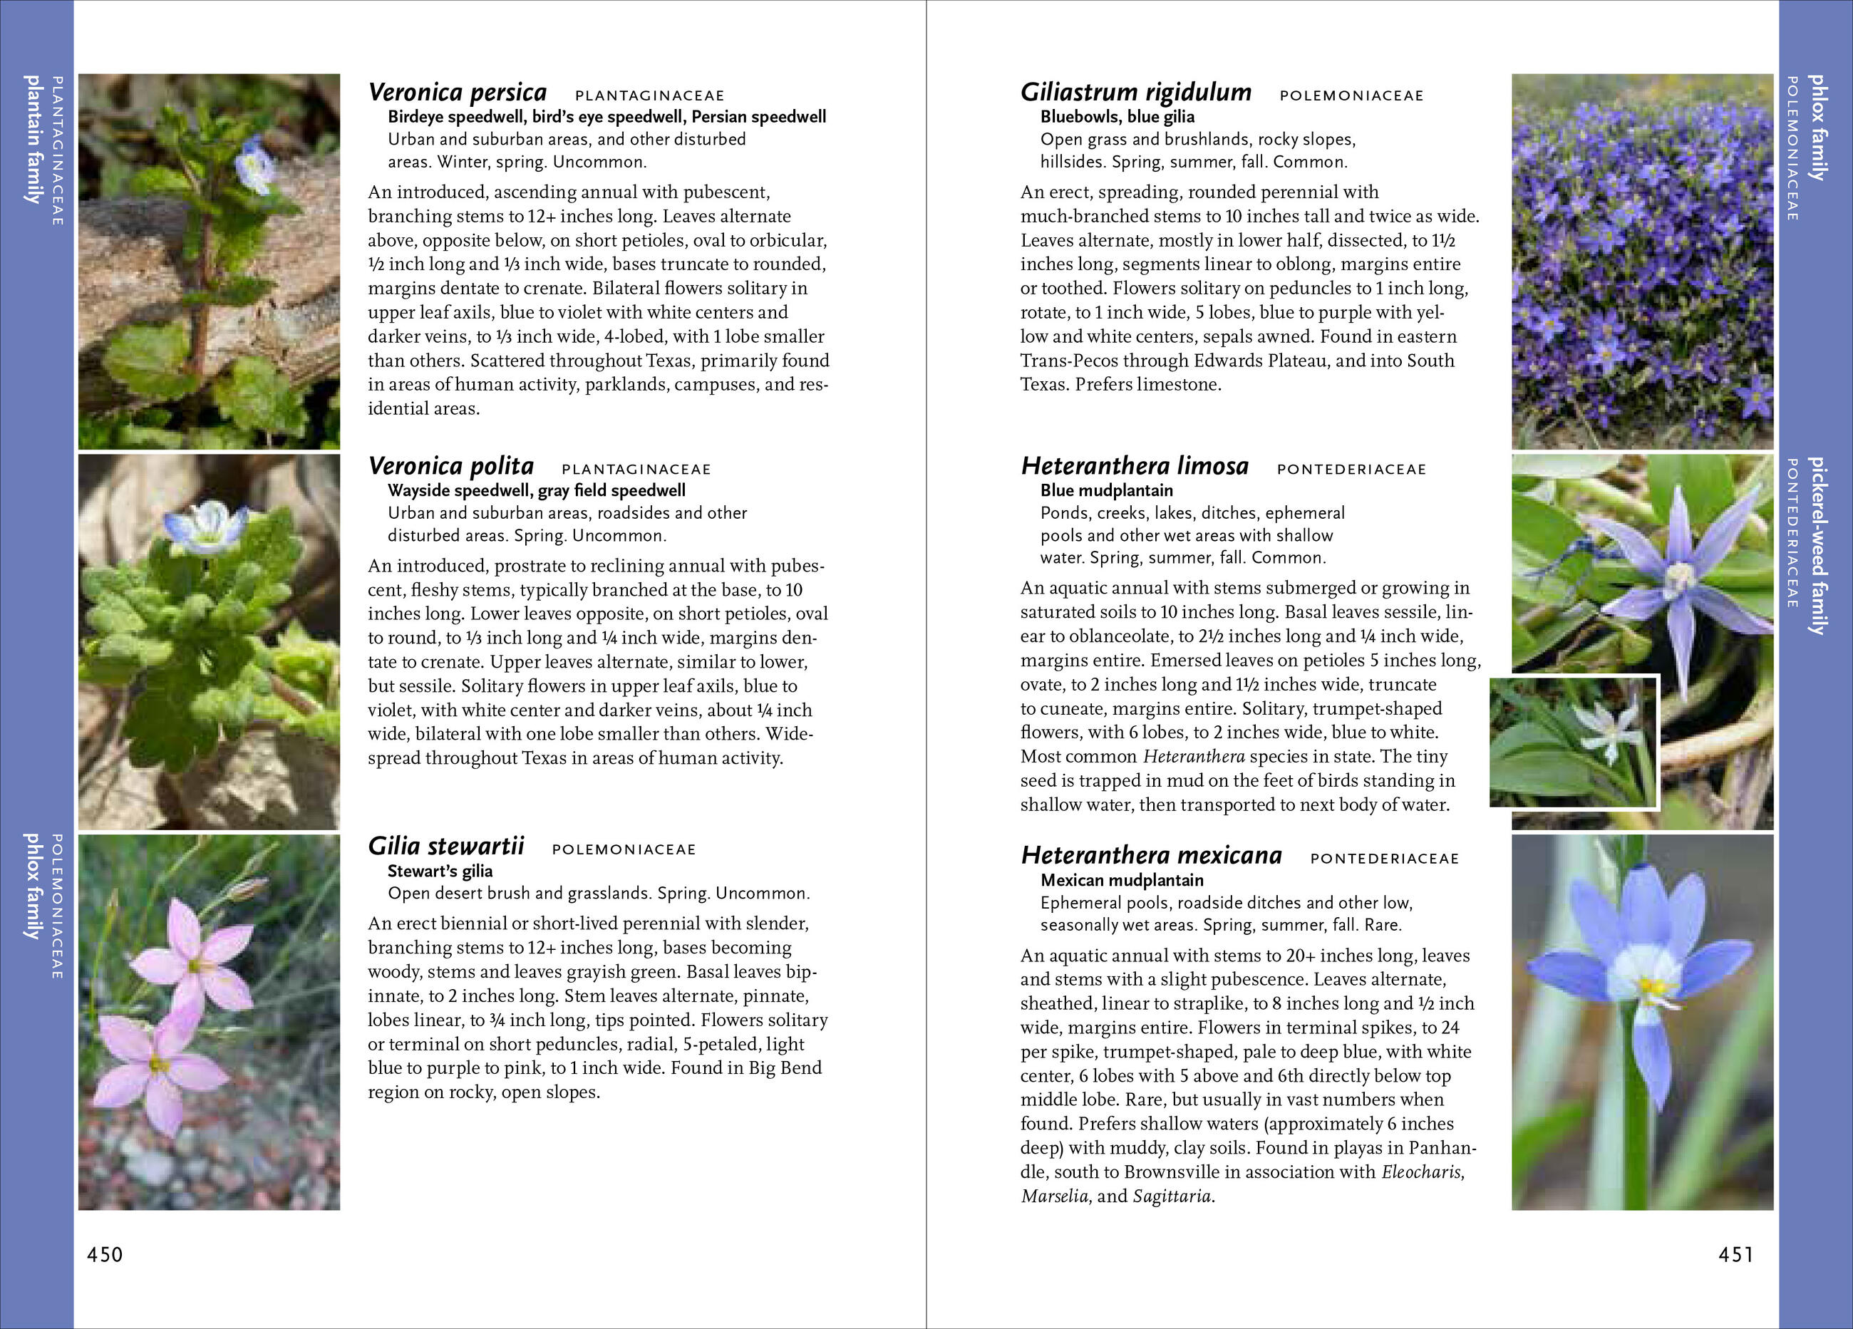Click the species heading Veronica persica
tap(457, 93)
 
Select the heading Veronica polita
tap(450, 467)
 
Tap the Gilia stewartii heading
tap(445, 847)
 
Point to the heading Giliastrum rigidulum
tap(1135, 93)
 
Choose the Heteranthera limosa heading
tap(1134, 467)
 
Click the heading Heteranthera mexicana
tap(1150, 856)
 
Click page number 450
tap(105, 1255)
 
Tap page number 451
tap(1735, 1255)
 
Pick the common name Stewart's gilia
tap(440, 871)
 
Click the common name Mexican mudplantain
tap(1121, 881)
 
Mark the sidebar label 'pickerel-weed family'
tap(1817, 546)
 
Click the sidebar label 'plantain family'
tap(33, 139)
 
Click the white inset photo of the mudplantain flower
tap(1574, 742)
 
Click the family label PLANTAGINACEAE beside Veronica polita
tap(636, 470)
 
